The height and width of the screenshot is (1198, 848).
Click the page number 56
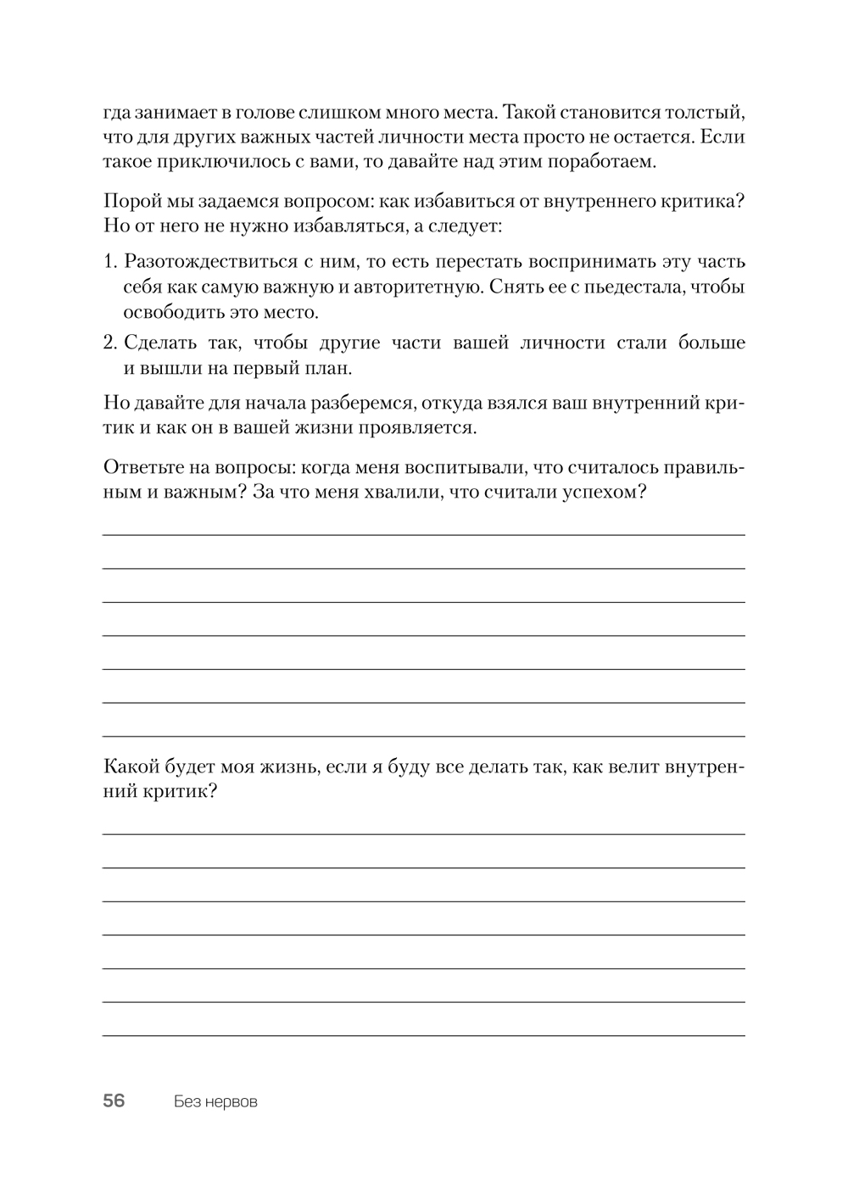click(114, 1100)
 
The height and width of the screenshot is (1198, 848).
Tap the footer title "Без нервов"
click(215, 1101)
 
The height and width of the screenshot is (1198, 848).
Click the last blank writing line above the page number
click(424, 1034)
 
